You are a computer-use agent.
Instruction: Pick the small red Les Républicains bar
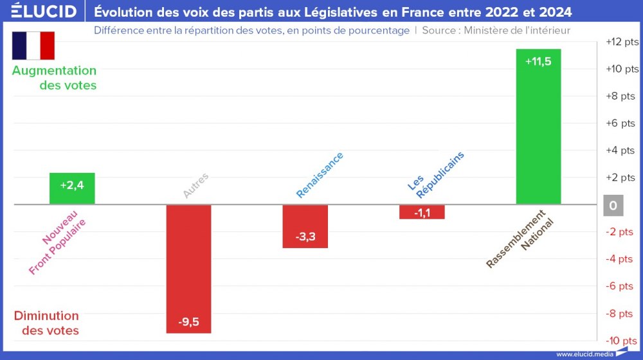(422, 212)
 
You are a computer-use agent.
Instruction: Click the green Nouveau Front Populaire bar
(72, 188)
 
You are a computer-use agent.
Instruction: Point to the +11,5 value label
(538, 62)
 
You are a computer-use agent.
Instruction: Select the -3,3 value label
(305, 237)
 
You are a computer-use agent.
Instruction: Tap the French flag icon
(33, 45)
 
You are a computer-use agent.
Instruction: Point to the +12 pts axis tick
(622, 42)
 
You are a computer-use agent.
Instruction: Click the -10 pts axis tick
(621, 340)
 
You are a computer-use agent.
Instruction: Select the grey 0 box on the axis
(613, 206)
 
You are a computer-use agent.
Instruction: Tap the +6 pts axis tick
(622, 123)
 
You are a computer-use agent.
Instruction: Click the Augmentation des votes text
(55, 78)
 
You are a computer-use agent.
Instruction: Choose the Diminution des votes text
(47, 323)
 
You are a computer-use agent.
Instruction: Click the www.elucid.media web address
(584, 354)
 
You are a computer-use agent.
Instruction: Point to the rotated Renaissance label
(320, 175)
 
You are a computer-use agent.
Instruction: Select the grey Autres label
(195, 185)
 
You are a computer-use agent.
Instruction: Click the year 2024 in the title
(553, 12)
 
